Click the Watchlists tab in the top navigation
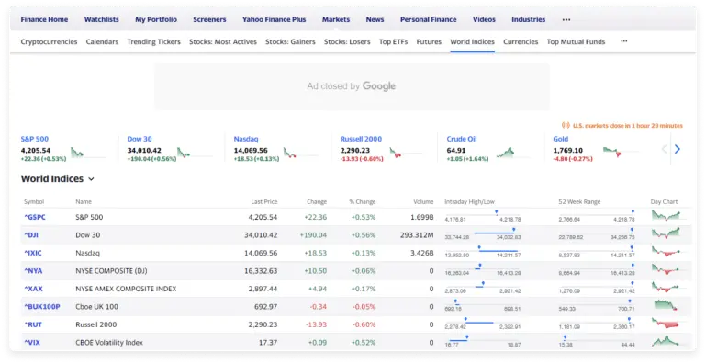[101, 18]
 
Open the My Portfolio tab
[155, 18]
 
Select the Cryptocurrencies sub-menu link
[49, 41]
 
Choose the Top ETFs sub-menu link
[393, 41]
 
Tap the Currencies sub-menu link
[521, 41]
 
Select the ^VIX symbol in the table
[31, 343]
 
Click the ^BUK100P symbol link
[41, 306]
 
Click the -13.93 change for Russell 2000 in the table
[316, 324]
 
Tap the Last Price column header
[263, 201]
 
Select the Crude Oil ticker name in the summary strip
[463, 139]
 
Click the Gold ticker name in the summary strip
[561, 139]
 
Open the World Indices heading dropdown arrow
[92, 179]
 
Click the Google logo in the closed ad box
[379, 86]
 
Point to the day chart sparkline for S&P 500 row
[666, 217]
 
